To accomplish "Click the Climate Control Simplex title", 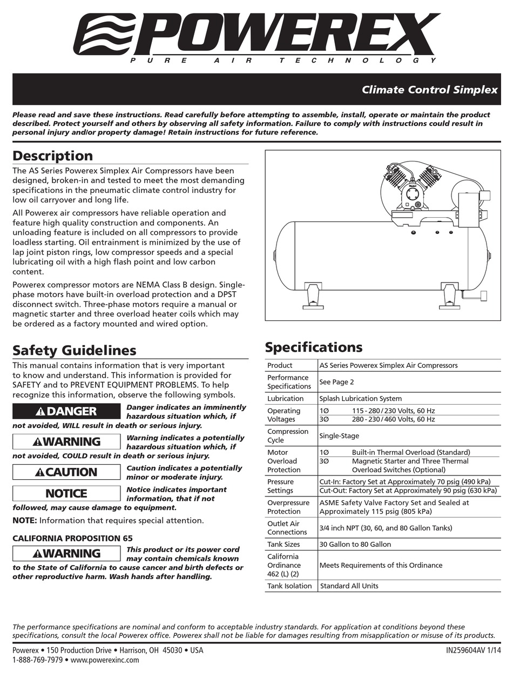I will point(429,90).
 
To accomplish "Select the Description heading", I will point(52,156).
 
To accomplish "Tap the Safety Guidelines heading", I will point(74,351).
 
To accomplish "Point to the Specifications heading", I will point(313,347).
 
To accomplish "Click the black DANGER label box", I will point(66,411).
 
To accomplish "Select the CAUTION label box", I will point(66,472).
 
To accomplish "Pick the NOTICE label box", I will point(66,493).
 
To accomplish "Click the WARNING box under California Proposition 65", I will point(66,553).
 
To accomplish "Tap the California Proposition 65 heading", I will point(72,538).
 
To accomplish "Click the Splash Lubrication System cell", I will point(360,399).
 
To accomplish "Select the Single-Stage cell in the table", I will point(339,435).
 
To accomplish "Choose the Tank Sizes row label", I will point(283,544).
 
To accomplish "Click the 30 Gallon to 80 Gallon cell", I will point(355,544).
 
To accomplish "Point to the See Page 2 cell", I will point(336,382).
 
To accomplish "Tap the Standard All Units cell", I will point(349,586).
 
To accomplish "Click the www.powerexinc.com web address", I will point(105,660).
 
